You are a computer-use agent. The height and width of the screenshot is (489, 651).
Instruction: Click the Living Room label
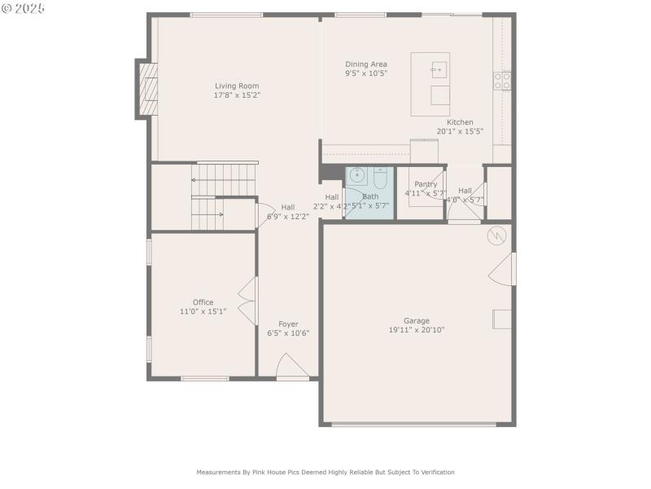click(237, 86)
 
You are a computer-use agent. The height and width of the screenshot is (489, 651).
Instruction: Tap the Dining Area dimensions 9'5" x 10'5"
click(366, 73)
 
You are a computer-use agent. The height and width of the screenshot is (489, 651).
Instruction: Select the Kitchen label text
click(460, 122)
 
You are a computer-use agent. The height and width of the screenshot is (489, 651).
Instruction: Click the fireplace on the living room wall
click(147, 89)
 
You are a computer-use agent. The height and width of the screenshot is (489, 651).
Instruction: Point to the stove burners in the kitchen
click(502, 80)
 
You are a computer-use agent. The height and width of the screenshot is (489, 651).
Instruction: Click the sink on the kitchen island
click(439, 70)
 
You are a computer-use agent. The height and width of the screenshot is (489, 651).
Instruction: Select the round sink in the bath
click(357, 175)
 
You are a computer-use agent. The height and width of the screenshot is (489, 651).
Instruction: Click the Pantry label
click(426, 184)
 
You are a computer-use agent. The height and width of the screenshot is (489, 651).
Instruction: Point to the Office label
click(203, 302)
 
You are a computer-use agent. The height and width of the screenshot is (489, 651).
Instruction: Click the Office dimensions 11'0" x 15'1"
click(203, 311)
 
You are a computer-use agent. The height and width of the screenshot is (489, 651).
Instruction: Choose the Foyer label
click(288, 324)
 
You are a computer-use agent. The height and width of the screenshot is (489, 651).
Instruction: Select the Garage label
click(417, 320)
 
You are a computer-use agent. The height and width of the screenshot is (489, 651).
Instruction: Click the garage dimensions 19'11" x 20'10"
click(417, 330)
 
